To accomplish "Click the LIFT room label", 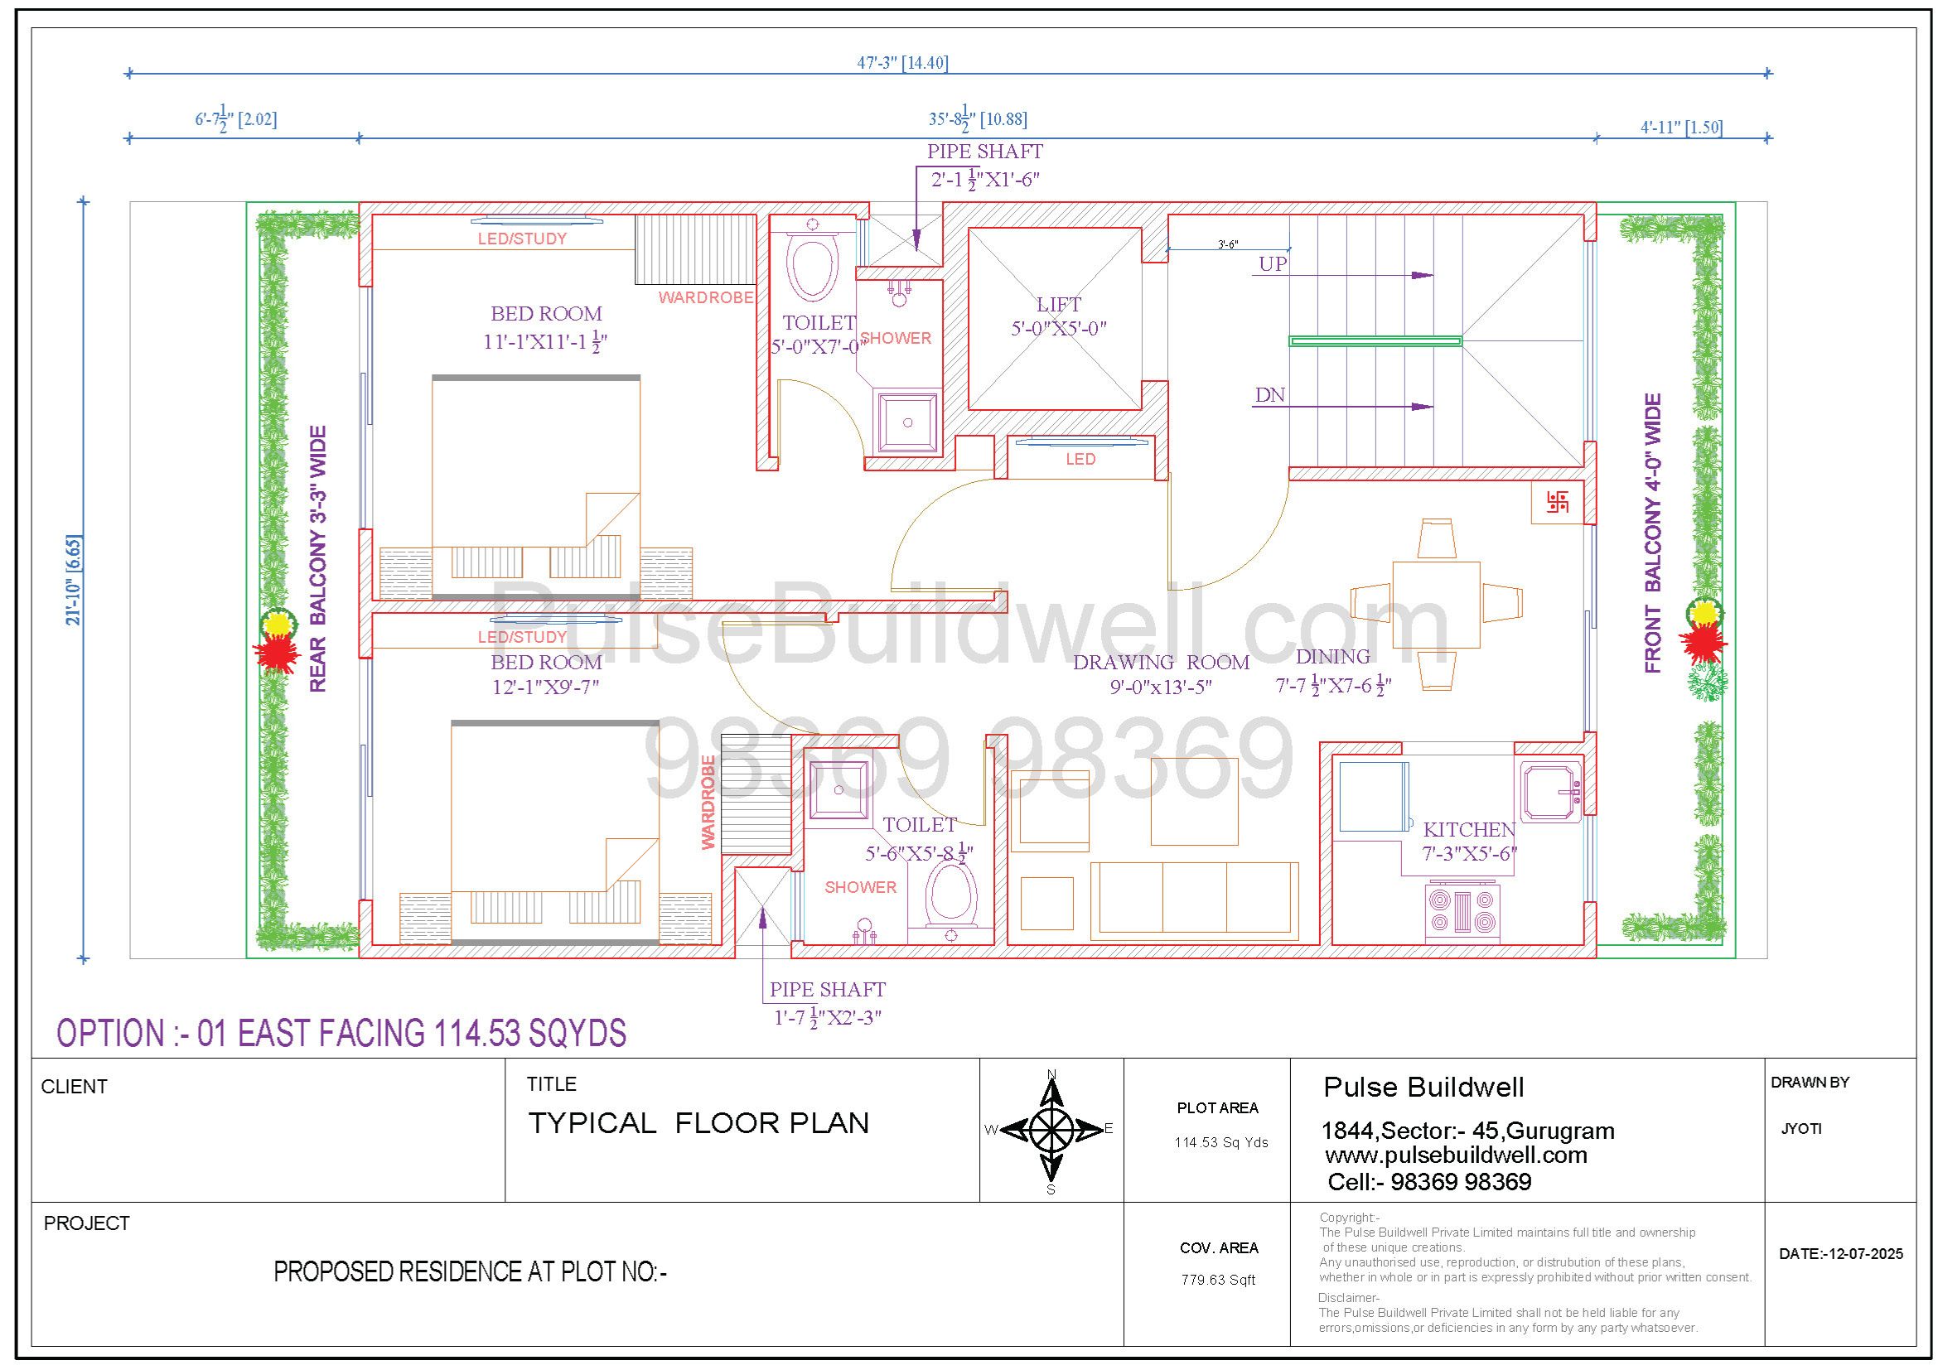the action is [1058, 305].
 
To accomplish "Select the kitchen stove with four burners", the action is [1462, 912].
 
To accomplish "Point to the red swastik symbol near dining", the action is [1558, 504].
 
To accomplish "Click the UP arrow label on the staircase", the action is [1273, 264].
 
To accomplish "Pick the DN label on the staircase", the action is [1269, 395].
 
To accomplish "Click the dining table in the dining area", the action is [1436, 604].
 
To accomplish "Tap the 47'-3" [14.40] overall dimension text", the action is [902, 62].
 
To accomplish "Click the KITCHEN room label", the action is [1469, 830].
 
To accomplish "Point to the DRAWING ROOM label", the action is [1161, 663].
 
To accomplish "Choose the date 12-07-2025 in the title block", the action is [1841, 1253].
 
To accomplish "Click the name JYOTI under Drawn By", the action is [1801, 1129].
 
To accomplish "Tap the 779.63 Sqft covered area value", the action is [1218, 1280].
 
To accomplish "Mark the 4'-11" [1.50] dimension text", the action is [1681, 128].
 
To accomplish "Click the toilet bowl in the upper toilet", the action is [812, 268].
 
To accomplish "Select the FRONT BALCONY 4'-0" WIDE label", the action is [1653, 533].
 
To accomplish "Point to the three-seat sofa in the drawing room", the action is [1195, 900].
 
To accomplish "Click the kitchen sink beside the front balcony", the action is [1551, 792].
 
